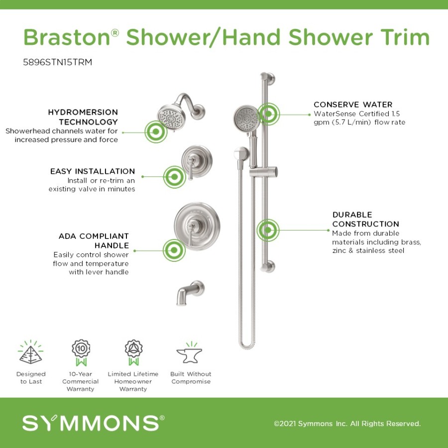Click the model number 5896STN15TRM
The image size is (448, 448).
tap(57, 62)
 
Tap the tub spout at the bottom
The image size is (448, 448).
tap(190, 293)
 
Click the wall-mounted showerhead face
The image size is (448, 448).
tap(171, 116)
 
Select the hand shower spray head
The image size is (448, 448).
tap(246, 118)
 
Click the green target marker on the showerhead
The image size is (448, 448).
tap(156, 131)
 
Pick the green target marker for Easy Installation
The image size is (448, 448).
tap(174, 177)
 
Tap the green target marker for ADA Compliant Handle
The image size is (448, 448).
tap(174, 250)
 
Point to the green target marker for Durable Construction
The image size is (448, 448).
tap(268, 230)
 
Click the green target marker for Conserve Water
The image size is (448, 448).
tap(268, 114)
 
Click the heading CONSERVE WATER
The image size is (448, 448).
tap(353, 105)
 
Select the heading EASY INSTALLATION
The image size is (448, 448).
tap(93, 171)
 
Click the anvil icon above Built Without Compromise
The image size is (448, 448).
tap(190, 353)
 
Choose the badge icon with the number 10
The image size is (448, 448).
tap(81, 352)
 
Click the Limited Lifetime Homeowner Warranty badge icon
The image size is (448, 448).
tap(133, 352)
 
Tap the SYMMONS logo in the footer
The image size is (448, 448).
tap(93, 423)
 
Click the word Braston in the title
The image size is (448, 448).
tap(67, 37)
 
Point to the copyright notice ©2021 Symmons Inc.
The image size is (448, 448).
tap(347, 424)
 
